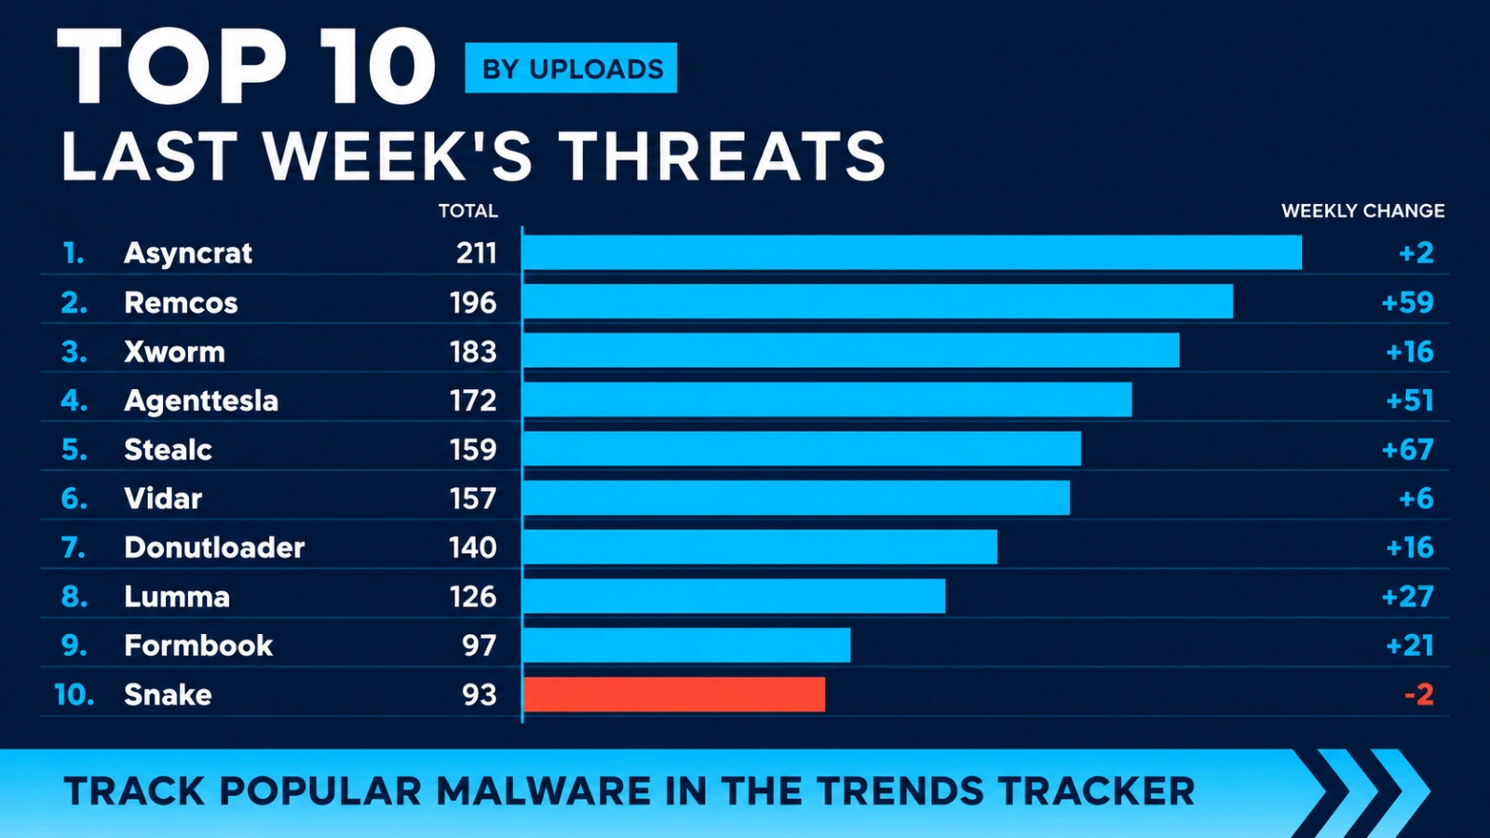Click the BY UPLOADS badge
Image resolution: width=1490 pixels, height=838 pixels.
[x=571, y=68]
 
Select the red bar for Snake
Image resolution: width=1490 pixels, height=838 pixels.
[x=674, y=695]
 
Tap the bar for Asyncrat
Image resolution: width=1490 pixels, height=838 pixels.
[x=913, y=252]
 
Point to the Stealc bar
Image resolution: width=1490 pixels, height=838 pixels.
[x=802, y=449]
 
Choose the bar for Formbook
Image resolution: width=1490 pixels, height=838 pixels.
[x=687, y=645]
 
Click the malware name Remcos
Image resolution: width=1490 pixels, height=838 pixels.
[x=181, y=303]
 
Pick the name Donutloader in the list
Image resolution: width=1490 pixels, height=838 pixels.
[x=214, y=547]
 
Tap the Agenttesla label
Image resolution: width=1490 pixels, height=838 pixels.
[x=201, y=401]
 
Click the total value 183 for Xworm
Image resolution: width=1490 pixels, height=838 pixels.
[x=473, y=352]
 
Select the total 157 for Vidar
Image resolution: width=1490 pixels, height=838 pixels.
[x=473, y=499]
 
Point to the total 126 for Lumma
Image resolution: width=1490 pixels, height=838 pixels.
[x=473, y=597]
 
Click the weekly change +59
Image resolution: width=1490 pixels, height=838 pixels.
[x=1407, y=303]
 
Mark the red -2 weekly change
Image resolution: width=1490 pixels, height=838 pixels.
[x=1419, y=695]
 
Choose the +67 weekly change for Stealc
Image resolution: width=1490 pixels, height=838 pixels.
[x=1407, y=450]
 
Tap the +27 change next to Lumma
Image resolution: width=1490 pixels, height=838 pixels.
[x=1407, y=597]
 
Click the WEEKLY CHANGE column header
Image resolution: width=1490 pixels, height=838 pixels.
[x=1363, y=210]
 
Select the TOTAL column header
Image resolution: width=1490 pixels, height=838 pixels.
[x=467, y=210]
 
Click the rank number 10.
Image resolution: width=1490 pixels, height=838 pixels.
[x=74, y=695]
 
